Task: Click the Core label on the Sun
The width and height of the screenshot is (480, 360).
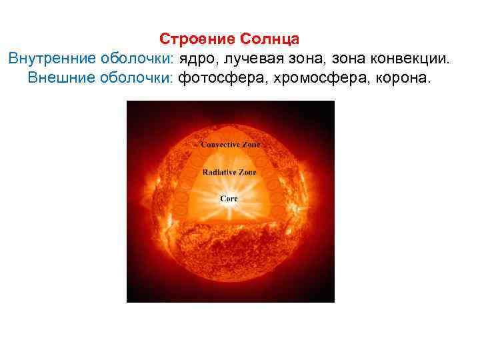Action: [229, 199]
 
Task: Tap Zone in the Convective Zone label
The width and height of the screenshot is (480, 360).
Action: [253, 144]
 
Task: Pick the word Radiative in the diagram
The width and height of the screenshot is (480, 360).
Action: [221, 172]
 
